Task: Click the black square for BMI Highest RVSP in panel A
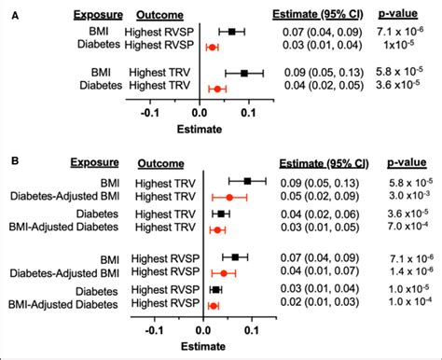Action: point(232,32)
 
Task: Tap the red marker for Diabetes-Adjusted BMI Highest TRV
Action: point(229,198)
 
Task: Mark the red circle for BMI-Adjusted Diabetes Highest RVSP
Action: point(214,304)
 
